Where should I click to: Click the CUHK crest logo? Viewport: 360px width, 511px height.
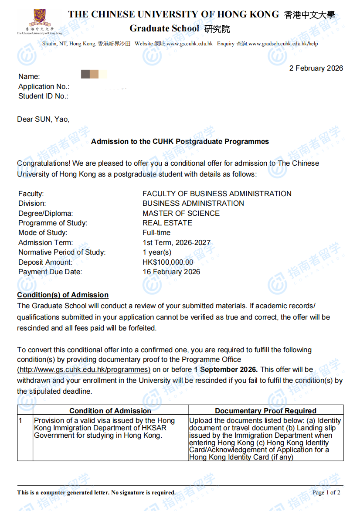coord(39,18)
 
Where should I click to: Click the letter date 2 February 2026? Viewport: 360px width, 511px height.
coord(316,68)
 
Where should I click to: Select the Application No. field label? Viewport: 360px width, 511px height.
coord(44,86)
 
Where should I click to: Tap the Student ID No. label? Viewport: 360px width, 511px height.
coord(43,96)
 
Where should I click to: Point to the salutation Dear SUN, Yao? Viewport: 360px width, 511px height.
coord(43,119)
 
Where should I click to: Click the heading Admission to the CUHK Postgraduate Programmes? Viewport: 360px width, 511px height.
coord(180,141)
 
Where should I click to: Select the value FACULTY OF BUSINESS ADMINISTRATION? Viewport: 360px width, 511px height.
coord(217,194)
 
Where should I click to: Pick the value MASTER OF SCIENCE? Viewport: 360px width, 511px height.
coord(181,213)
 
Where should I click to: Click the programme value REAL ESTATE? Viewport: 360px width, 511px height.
coord(167,223)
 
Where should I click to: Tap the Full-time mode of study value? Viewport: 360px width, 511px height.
coord(156,232)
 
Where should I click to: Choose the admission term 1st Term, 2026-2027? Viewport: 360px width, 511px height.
coord(177,242)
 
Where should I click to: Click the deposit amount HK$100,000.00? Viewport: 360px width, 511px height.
coord(168,262)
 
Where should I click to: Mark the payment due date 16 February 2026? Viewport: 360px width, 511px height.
coord(171,272)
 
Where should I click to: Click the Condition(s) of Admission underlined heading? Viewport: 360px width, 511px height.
coord(63,295)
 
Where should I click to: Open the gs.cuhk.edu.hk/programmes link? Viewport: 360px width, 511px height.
coord(84,369)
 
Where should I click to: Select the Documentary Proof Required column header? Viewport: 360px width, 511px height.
coord(265,411)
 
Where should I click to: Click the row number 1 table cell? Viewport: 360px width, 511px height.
coord(20,421)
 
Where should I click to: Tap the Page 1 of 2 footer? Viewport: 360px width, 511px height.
coord(326,493)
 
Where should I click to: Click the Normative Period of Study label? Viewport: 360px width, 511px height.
coord(62,252)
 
